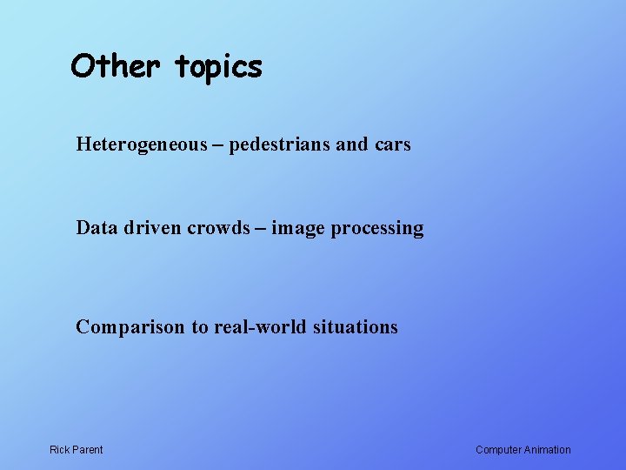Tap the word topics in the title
(218, 67)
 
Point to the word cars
(393, 144)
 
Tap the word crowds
(217, 228)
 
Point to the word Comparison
(130, 327)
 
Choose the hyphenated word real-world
(256, 326)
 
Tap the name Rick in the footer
(60, 449)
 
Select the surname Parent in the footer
(88, 449)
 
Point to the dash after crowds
(260, 229)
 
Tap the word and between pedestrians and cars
(352, 144)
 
